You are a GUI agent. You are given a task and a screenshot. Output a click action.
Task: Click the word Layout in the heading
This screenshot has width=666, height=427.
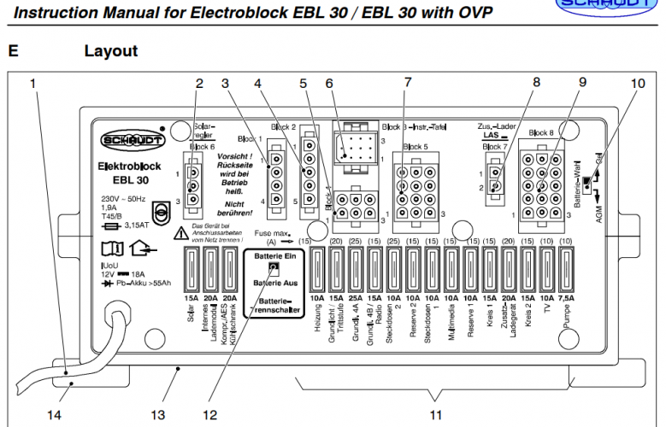coord(110,51)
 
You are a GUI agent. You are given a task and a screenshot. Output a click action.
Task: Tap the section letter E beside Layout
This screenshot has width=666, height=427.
coord(13,51)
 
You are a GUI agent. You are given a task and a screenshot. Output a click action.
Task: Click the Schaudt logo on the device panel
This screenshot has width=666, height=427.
coord(125,140)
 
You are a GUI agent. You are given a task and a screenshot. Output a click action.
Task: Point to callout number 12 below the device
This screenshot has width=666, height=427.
coord(210,415)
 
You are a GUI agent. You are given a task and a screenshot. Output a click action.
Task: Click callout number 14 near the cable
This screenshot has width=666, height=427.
coord(53,415)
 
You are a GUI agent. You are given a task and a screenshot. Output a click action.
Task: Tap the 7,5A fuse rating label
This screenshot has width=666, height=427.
coord(564,298)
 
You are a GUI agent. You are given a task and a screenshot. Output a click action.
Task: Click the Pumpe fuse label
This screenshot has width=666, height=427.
coord(566,318)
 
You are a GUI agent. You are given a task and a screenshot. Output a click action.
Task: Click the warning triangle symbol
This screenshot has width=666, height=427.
coord(180,233)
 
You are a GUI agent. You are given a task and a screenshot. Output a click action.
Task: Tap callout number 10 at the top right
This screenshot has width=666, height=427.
coord(638,84)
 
